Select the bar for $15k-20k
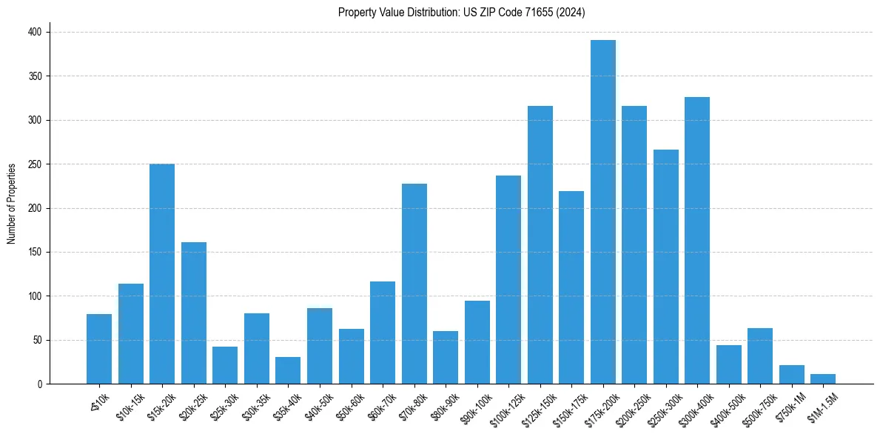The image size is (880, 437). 162,274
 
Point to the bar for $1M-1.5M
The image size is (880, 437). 823,379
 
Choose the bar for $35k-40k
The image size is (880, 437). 288,370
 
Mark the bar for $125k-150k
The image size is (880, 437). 540,245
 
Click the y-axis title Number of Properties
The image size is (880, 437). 12,204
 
